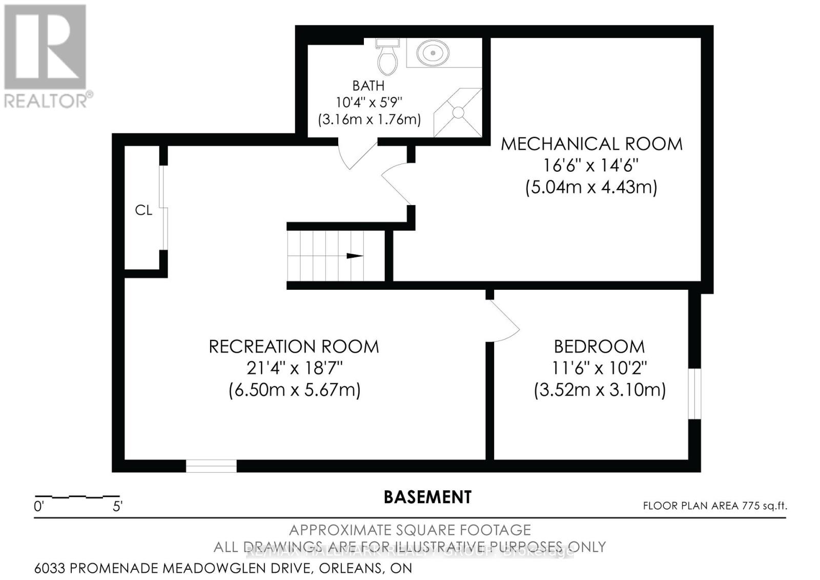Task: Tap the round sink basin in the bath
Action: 433,52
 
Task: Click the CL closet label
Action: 143,210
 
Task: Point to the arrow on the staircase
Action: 355,256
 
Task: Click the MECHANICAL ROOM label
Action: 591,144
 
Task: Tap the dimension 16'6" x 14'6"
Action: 591,166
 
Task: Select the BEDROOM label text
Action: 599,347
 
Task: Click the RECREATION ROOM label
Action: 294,347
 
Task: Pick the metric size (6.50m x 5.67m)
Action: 294,390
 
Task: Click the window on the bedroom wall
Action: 694,393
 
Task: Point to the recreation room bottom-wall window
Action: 211,466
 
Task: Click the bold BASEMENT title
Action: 427,497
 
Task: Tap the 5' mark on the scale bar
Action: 117,507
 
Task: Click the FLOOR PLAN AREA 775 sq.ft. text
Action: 714,506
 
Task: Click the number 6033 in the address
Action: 50,568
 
